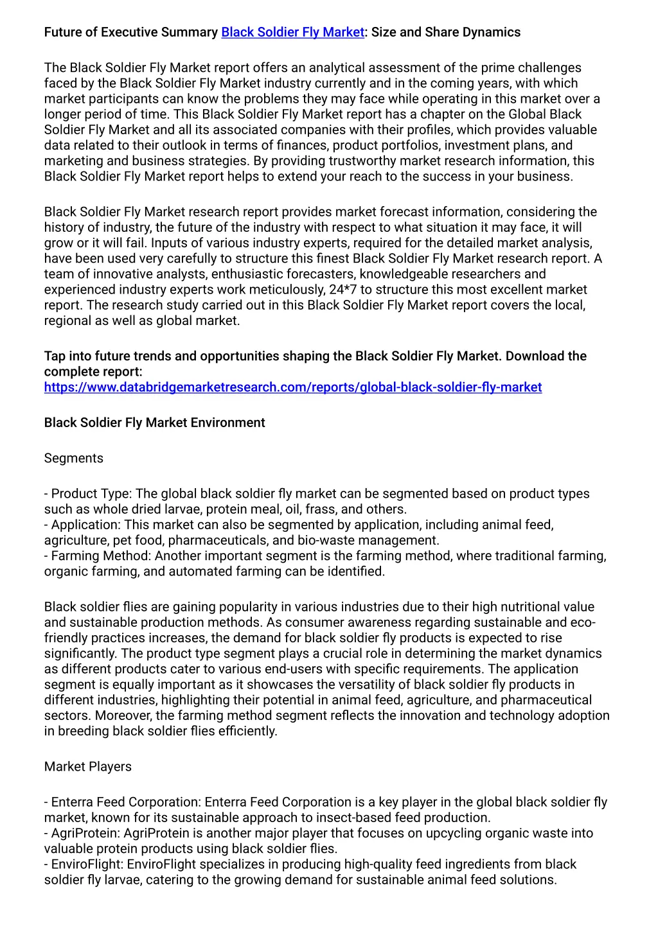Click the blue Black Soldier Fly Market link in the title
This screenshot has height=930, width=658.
[x=292, y=32]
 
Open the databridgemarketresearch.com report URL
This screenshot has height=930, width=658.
[x=293, y=387]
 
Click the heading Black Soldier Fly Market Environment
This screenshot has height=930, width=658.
[x=154, y=423]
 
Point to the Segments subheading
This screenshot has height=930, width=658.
[x=73, y=458]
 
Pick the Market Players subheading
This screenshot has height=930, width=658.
[x=87, y=766]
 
